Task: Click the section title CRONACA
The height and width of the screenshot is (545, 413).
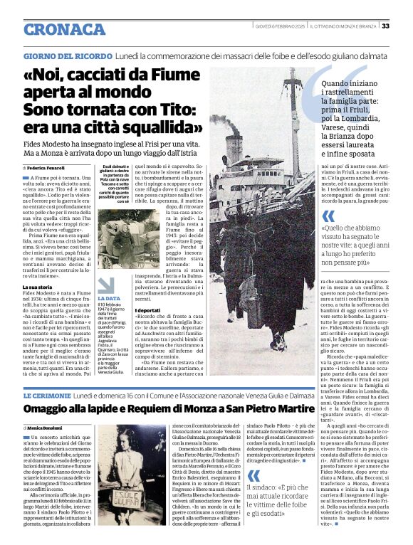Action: click(64, 29)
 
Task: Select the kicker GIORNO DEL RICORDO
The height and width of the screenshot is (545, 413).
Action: click(68, 55)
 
